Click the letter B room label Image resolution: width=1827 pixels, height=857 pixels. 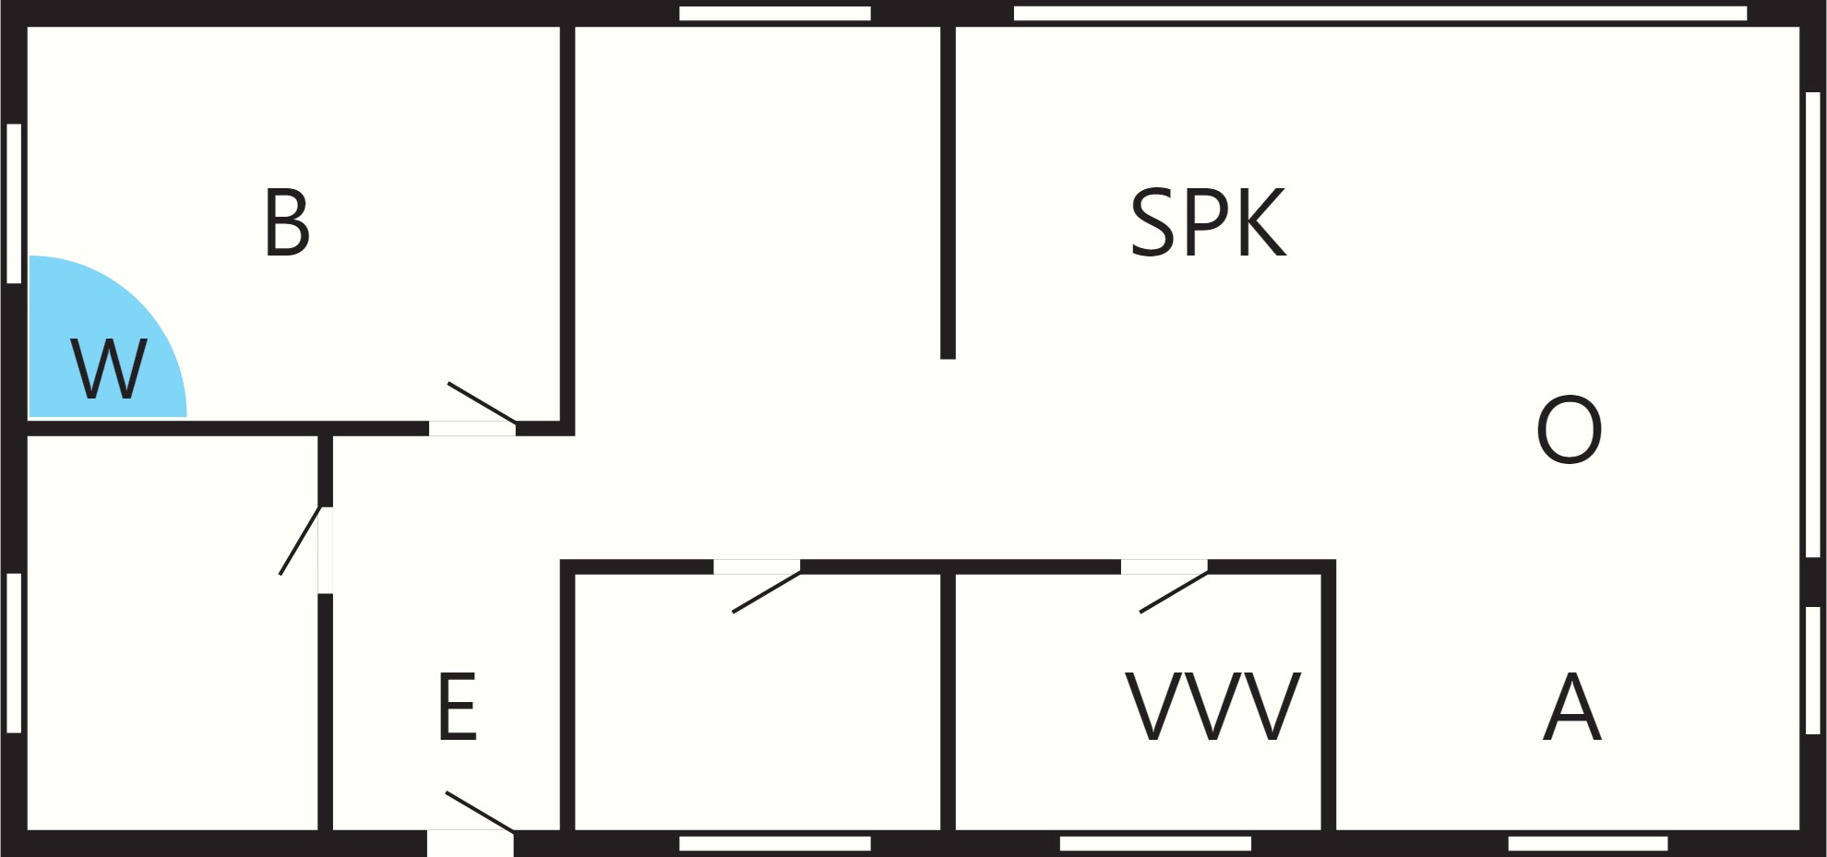point(287,222)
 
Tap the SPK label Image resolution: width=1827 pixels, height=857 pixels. point(1208,222)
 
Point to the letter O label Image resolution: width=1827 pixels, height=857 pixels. point(1569,430)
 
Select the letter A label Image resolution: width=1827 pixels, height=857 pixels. point(1572,707)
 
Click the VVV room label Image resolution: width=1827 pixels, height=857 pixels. point(1213,707)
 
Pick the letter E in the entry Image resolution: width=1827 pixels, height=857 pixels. point(458,707)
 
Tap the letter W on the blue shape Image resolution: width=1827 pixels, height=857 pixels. point(108,369)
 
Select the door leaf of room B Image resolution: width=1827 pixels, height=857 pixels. point(482,403)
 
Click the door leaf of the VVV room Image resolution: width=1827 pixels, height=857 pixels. point(1174,592)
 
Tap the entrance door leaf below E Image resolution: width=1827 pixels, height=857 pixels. point(480,812)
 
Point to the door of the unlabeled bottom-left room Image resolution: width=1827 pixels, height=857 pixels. point(300,541)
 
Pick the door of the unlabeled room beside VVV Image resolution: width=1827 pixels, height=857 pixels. point(766,592)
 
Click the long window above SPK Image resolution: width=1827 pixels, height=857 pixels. point(1380,13)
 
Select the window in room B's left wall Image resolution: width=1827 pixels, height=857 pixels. point(14,203)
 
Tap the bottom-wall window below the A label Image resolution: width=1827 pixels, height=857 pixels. point(1588,843)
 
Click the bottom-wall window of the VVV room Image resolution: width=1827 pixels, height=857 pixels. point(1155,843)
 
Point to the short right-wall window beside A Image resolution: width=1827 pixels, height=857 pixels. point(1812,670)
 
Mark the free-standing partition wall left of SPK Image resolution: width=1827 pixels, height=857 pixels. point(948,192)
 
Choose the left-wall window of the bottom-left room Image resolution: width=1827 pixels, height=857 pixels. point(14,653)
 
